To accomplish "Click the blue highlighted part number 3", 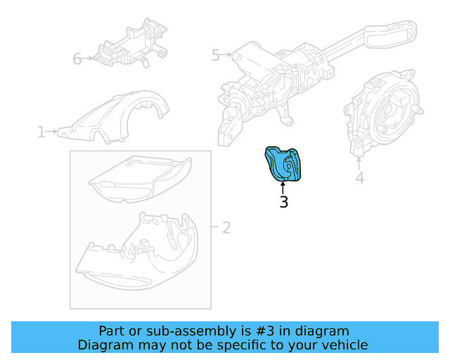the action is point(283,164).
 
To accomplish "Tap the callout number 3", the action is point(283,202).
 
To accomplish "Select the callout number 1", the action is point(41,131).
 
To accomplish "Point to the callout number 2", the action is point(226,228).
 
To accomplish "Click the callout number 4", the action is point(360,178).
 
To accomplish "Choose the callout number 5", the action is point(216,55).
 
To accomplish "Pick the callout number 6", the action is point(77,59).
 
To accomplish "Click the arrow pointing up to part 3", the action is point(283,188).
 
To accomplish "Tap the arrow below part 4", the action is point(359,163).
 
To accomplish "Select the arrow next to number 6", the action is point(88,58).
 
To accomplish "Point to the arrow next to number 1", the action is point(52,131).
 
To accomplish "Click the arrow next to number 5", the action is point(226,54).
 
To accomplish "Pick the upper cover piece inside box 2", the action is point(141,179).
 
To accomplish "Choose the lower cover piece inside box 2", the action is point(137,252).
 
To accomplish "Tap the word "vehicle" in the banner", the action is point(349,345).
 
